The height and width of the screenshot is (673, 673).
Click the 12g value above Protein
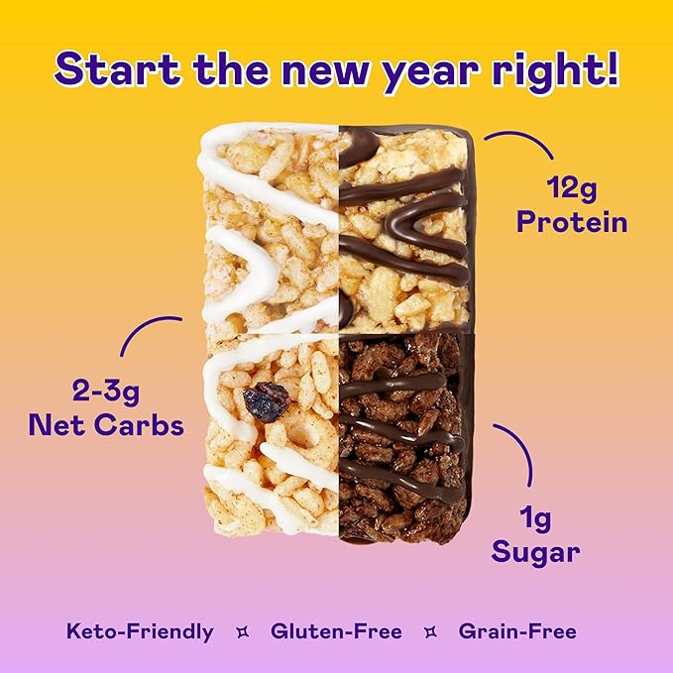[x=572, y=187]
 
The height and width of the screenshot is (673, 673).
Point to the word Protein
[x=572, y=221]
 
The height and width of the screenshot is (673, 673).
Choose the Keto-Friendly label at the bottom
[x=140, y=631]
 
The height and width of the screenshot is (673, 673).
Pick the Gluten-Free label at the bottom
[x=335, y=631]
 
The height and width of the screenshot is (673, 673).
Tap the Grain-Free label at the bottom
[x=517, y=631]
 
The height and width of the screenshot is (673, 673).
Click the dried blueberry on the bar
[x=267, y=401]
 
